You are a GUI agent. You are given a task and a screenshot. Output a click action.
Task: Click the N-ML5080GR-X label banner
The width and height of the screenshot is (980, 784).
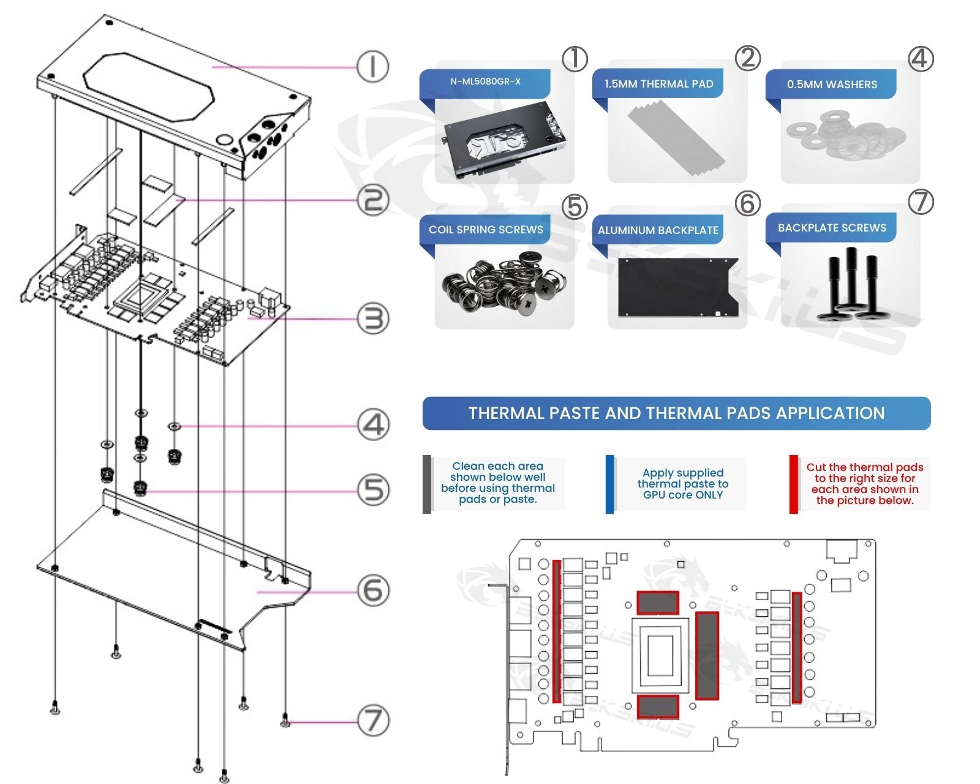coord(485,81)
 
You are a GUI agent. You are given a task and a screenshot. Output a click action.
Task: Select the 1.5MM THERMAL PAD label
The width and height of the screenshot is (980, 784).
coord(658,84)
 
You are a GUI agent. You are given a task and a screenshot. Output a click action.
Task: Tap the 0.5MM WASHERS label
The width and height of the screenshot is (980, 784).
coord(832,85)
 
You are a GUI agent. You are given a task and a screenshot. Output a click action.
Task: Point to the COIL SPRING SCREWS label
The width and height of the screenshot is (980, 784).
coord(486,230)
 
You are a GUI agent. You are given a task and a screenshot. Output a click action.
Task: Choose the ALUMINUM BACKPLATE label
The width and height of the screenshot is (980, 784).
coord(658,230)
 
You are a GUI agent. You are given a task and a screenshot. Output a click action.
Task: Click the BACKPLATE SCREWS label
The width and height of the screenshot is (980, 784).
coord(832,228)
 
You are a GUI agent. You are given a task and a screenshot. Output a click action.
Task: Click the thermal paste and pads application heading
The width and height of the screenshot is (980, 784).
coord(676,413)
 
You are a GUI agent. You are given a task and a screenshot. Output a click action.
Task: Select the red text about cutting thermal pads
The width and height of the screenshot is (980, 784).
coord(864,484)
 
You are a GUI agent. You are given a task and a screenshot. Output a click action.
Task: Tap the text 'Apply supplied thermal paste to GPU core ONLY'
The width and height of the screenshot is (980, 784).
coord(683,484)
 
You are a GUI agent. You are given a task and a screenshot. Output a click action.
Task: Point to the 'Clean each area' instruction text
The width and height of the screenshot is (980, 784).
coord(497,483)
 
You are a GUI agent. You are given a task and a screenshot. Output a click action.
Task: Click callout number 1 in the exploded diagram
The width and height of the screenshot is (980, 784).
coord(373,66)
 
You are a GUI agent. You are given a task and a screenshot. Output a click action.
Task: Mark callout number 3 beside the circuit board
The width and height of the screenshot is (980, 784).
coord(373,319)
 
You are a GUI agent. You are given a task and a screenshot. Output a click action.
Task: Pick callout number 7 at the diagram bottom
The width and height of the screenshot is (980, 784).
coord(373,720)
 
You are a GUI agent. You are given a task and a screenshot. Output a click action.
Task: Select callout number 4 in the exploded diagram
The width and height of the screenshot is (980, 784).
coord(373,425)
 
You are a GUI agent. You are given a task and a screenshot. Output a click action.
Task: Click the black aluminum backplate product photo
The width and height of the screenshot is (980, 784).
coord(677,287)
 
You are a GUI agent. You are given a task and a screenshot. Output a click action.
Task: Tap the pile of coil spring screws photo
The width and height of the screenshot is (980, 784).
coord(503,284)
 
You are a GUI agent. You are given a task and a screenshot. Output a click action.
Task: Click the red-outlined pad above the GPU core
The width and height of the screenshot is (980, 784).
coord(657,603)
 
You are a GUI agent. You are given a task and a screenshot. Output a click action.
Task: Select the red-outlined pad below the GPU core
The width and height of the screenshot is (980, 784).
coord(657,707)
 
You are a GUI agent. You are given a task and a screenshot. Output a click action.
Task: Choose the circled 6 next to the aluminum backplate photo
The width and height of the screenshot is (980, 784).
coord(748,203)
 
